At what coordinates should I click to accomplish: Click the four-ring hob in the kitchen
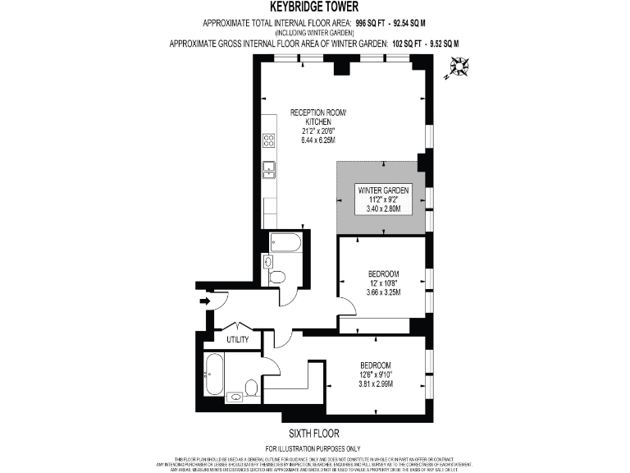(268, 140)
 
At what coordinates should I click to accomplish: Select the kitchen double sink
(268, 169)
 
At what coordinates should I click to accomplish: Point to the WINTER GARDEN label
(383, 191)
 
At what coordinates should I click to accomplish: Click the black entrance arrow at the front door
(204, 301)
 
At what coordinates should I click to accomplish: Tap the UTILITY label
(239, 338)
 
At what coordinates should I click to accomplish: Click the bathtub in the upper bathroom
(285, 242)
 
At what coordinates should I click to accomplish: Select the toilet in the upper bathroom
(277, 277)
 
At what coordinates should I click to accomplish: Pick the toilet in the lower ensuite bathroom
(252, 386)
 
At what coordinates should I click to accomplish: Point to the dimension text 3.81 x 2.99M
(376, 383)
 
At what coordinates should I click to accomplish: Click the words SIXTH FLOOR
(314, 433)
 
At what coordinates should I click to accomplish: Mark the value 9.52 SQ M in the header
(440, 43)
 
